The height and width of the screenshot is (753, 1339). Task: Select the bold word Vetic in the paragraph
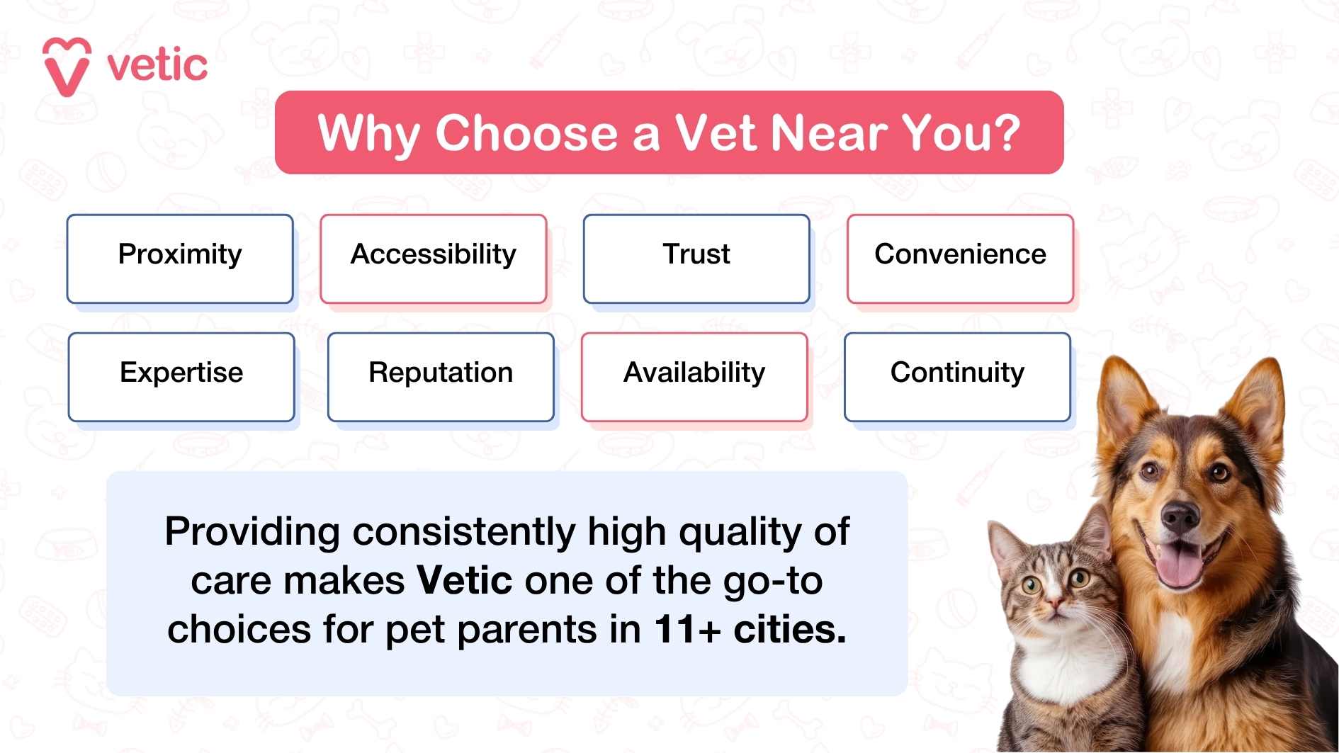click(x=465, y=581)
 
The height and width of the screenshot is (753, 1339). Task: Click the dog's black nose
click(x=1180, y=518)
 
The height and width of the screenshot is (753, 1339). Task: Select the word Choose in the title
click(x=526, y=133)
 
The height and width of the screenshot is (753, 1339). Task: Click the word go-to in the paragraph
click(x=772, y=581)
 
